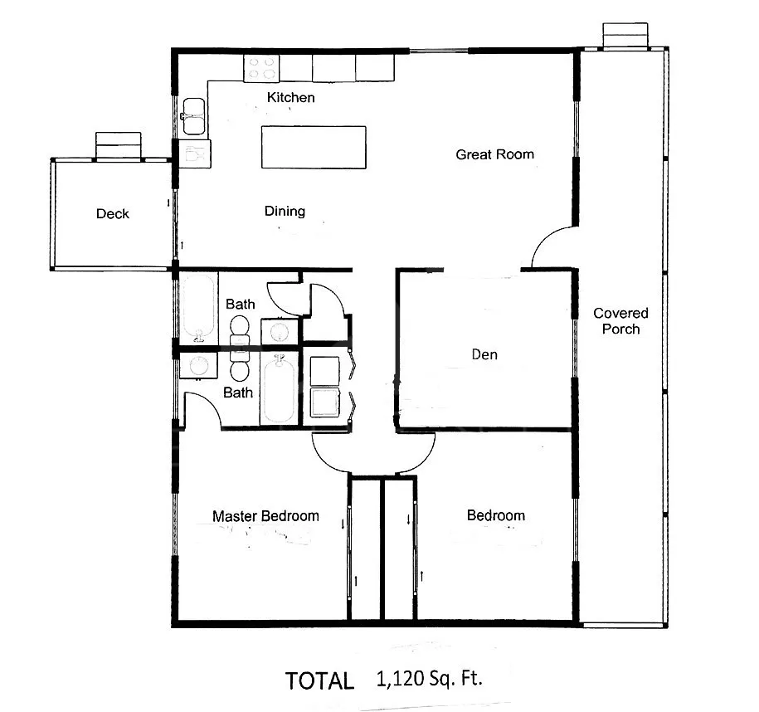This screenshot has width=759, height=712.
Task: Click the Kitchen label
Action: click(290, 97)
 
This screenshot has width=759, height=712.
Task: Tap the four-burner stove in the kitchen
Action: click(261, 68)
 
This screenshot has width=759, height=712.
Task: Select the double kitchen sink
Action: click(193, 116)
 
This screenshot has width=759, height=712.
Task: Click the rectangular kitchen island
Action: click(314, 147)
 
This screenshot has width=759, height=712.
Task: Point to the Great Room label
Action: click(494, 154)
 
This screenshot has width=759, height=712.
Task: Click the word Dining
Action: click(285, 211)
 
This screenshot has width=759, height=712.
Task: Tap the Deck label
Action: click(112, 213)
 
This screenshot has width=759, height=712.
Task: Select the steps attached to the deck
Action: click(119, 145)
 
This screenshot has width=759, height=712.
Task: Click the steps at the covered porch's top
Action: click(625, 35)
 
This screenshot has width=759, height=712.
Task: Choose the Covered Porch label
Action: click(620, 320)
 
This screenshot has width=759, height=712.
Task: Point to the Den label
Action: click(484, 354)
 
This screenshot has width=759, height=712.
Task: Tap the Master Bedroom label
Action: click(265, 516)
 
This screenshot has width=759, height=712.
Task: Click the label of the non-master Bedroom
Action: click(496, 514)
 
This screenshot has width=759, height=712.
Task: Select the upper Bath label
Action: click(240, 305)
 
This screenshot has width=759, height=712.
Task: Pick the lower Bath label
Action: click(238, 393)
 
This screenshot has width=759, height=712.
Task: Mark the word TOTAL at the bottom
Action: click(319, 681)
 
